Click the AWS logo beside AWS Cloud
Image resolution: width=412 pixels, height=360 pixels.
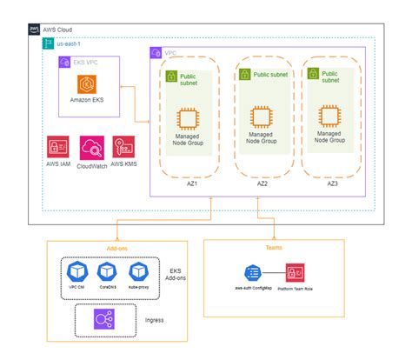coord(36,30)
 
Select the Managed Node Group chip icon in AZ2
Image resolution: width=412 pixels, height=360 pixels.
coord(259,117)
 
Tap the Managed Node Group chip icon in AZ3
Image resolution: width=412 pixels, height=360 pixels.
coord(328,117)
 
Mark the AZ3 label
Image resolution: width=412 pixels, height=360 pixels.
coord(332,184)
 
